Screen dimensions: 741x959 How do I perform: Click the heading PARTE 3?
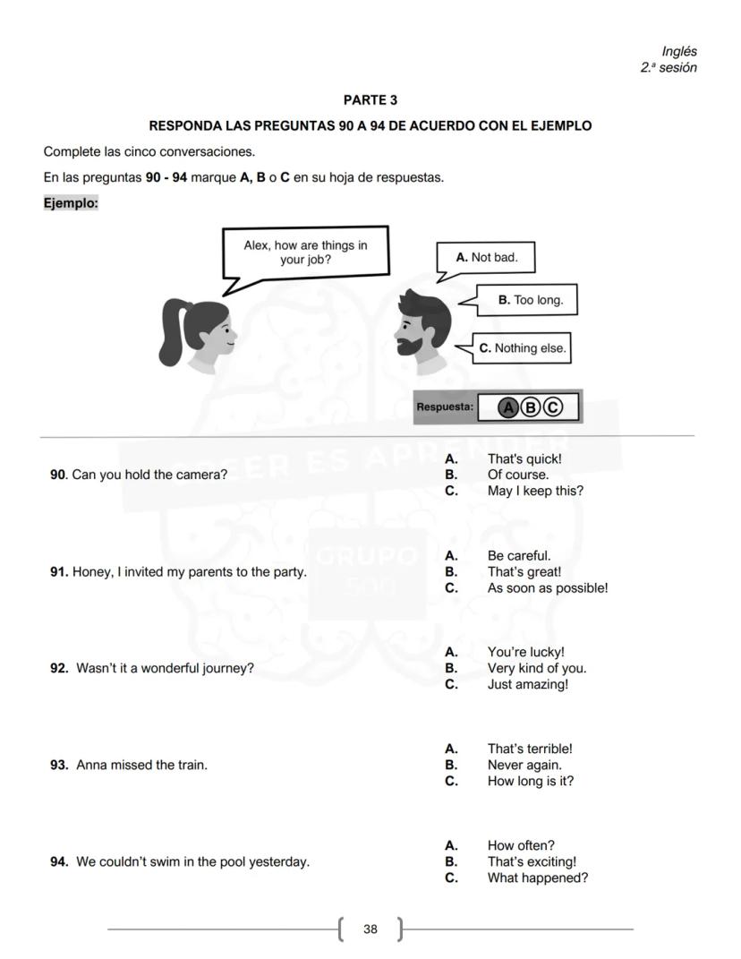tap(370, 100)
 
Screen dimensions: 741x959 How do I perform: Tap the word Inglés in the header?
tap(679, 52)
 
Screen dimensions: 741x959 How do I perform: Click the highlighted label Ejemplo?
tap(71, 203)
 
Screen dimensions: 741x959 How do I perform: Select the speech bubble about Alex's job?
tap(305, 253)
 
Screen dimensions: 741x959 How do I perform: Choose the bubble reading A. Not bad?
tap(486, 258)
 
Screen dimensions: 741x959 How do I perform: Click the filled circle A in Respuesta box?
tap(508, 408)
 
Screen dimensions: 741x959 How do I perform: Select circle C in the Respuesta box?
tap(553, 408)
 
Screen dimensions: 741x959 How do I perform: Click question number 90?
tap(58, 475)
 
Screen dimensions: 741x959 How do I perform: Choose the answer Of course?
tap(518, 475)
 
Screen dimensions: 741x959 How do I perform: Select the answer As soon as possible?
tap(547, 588)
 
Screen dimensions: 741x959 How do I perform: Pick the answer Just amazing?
tap(527, 684)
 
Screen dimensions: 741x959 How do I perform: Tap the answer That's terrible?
tap(529, 749)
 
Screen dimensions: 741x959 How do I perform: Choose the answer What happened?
tap(537, 878)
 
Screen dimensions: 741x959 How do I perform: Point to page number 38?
tap(370, 929)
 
